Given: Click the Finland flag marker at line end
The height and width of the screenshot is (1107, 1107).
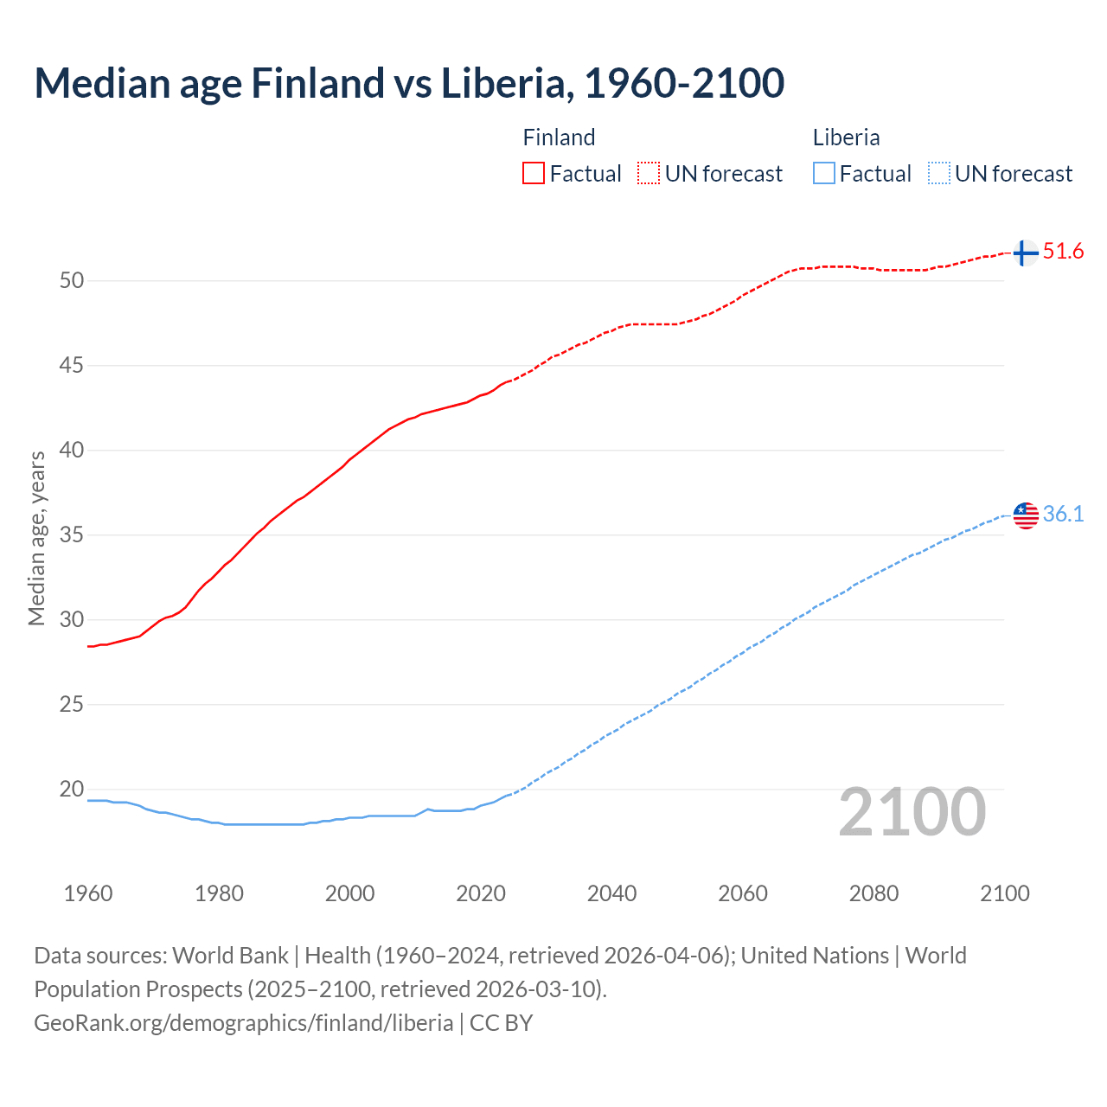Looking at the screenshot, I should click(x=1025, y=253).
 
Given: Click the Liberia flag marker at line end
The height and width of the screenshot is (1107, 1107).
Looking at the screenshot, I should click(x=1025, y=515).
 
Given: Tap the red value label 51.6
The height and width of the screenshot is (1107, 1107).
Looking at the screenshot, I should click(x=1063, y=252).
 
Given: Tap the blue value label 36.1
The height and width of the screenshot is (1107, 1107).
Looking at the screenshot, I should click(x=1063, y=514).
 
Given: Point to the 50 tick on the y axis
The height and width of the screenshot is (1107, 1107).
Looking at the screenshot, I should click(x=72, y=280).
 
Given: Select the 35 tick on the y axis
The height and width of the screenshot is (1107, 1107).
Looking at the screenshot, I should click(x=72, y=534).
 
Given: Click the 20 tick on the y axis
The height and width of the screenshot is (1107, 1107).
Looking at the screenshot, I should click(x=72, y=789).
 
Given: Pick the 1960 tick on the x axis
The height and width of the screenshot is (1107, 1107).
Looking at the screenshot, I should click(x=88, y=893).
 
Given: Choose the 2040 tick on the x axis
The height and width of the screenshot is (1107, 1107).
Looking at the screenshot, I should click(x=611, y=893).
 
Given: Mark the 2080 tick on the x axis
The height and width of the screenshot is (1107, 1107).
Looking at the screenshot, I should click(x=873, y=893).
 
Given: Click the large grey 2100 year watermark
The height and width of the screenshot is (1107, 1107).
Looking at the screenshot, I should click(x=912, y=811).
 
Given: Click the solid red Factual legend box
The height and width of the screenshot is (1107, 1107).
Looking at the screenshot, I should click(x=534, y=174).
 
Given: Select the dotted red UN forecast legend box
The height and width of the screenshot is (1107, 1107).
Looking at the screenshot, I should click(x=649, y=174).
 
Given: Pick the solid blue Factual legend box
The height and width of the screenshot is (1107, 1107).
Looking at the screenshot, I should click(x=824, y=174).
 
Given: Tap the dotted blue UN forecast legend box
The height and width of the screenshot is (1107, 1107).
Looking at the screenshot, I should click(x=938, y=174).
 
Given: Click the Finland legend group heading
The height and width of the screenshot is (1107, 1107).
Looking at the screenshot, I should click(x=559, y=138).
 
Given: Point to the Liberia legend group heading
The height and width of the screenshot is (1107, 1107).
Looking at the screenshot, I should click(x=846, y=138).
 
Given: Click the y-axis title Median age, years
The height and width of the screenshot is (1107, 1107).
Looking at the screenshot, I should click(x=36, y=538).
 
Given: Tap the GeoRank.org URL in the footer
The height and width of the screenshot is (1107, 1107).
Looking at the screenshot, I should click(x=243, y=1023).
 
